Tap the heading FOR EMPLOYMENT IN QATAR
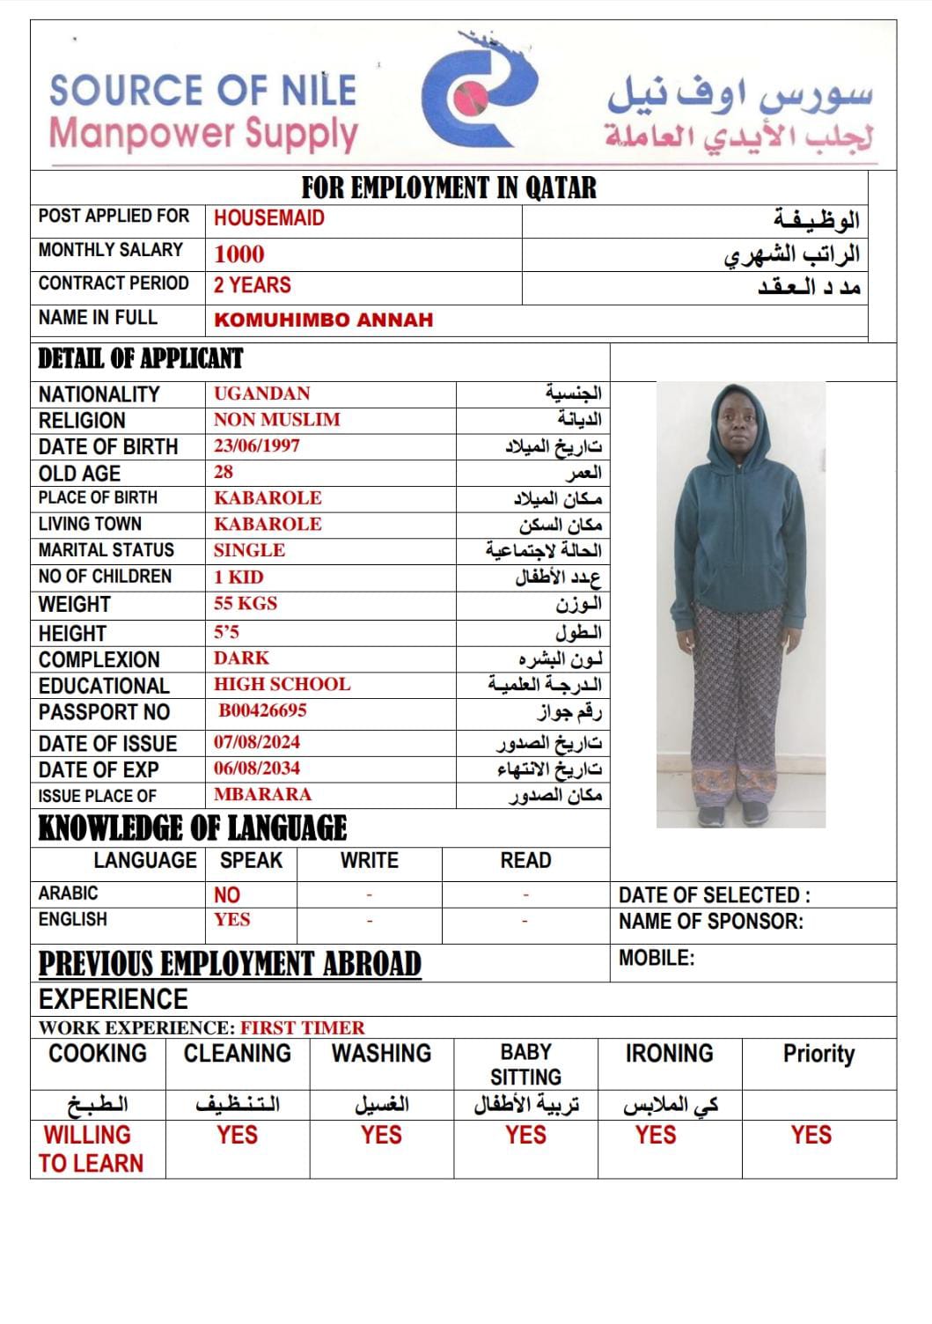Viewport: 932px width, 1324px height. click(449, 188)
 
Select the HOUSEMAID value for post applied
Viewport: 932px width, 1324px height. click(269, 218)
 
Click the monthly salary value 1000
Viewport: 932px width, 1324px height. click(239, 254)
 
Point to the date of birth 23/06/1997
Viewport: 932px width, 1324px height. click(257, 446)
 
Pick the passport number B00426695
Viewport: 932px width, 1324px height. click(263, 710)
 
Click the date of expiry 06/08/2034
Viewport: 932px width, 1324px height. click(257, 769)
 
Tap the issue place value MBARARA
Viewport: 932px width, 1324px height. click(262, 795)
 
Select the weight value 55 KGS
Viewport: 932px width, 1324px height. click(246, 604)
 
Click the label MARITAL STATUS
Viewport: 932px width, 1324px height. click(106, 550)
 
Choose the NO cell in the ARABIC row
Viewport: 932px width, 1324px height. click(227, 895)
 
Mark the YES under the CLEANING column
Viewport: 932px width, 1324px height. click(238, 1136)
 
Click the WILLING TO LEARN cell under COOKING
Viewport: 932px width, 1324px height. click(91, 1149)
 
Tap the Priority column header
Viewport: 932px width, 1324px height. click(818, 1054)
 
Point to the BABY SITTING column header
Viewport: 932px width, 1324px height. click(525, 1064)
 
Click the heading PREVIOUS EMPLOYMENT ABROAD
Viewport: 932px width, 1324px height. click(230, 964)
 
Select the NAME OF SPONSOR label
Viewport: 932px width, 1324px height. click(711, 923)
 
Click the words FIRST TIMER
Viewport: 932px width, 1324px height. click(303, 1027)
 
